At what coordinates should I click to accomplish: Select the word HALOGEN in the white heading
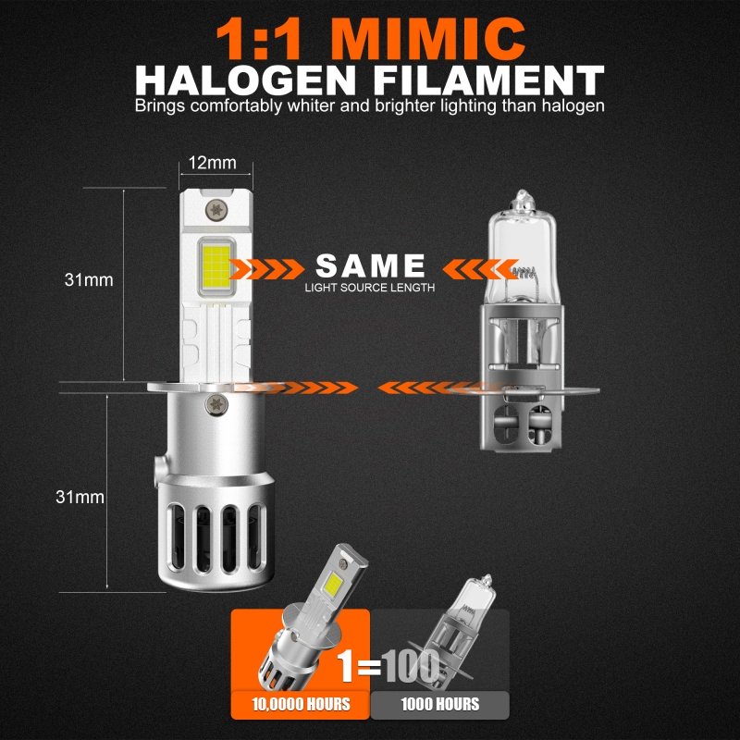245,80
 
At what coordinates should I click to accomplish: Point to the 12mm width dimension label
213,163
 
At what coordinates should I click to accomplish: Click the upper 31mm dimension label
89,280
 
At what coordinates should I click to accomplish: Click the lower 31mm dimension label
80,497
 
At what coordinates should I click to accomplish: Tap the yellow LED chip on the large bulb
216,266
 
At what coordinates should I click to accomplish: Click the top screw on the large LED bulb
216,210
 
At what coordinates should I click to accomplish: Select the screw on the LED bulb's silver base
216,404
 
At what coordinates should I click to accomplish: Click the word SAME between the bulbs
371,265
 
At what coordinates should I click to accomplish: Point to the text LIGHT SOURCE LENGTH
369,288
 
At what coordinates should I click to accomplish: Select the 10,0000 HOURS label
302,705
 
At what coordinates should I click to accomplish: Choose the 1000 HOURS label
440,705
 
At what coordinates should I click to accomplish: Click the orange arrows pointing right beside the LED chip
266,269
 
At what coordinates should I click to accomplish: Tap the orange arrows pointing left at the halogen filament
480,269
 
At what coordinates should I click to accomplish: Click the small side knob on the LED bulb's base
159,471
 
